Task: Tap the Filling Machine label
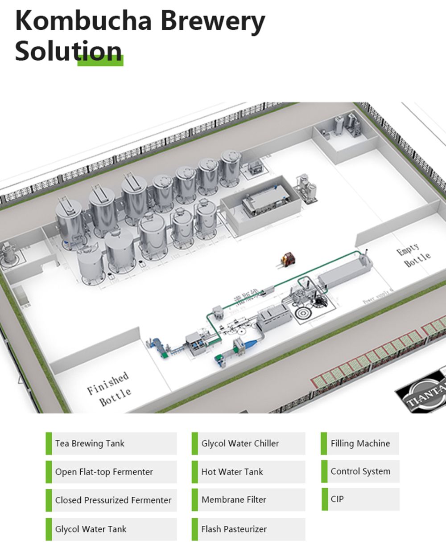[x=360, y=443]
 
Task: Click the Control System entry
[x=360, y=471]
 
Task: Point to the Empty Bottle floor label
[x=413, y=255]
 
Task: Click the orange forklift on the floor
[x=288, y=259]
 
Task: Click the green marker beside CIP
[x=324, y=499]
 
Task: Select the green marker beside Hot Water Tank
[x=194, y=472]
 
